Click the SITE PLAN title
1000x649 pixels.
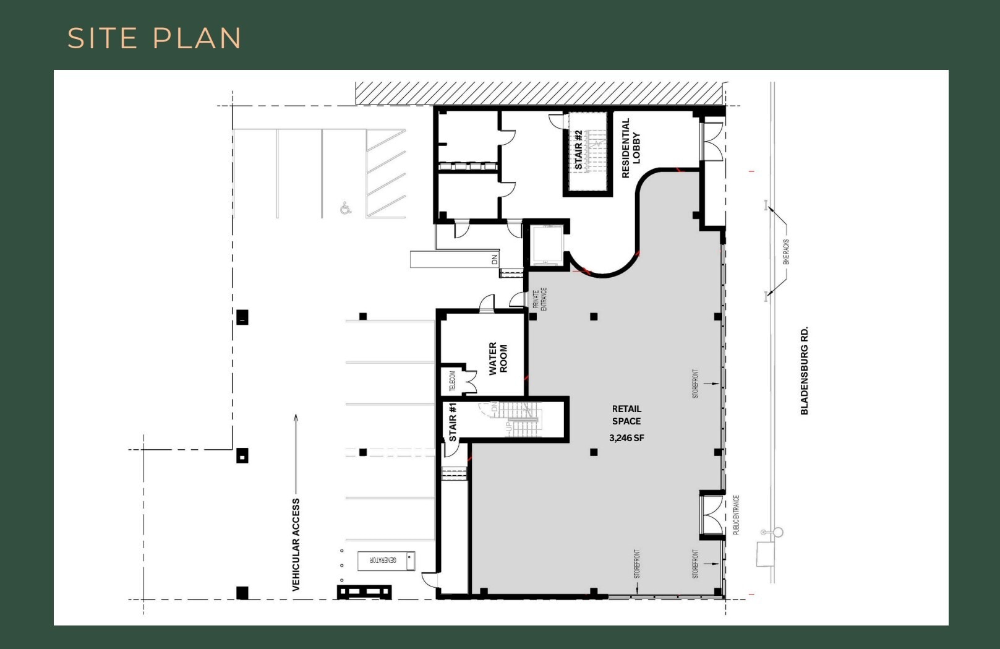154,38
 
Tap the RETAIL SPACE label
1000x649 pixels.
626,415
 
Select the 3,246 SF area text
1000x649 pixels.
626,438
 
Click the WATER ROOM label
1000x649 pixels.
498,358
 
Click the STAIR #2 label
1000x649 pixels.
578,150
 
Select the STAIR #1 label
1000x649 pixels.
453,422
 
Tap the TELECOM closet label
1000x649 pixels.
452,381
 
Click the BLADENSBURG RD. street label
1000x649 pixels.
805,371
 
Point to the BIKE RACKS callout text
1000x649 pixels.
786,252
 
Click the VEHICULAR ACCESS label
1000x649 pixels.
296,544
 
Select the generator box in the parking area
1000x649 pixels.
386,561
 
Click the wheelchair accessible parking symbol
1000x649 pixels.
346,208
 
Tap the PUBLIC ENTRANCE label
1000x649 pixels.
736,514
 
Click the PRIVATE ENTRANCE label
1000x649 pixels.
540,299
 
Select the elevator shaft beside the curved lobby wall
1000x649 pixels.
546,244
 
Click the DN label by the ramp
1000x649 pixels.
494,260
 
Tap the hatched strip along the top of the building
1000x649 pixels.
539,93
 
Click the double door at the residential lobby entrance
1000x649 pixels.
712,141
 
